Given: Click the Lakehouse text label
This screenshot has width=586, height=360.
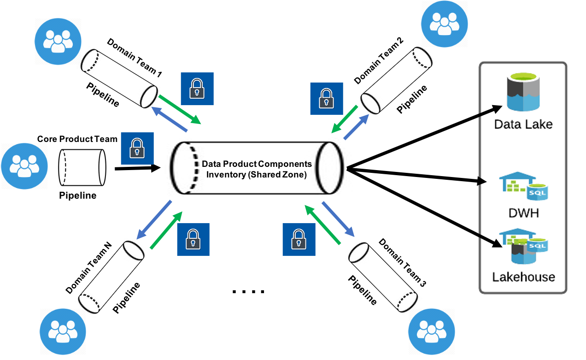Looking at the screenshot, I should [524, 277].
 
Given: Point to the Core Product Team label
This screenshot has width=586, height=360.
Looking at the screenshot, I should [77, 139].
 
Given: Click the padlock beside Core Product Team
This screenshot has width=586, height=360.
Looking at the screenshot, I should [137, 148].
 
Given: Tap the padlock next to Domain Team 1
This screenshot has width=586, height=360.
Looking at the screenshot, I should [197, 89].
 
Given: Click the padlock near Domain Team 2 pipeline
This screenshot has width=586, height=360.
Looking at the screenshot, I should [326, 99].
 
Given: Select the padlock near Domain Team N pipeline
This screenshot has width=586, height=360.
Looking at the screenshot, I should [193, 239].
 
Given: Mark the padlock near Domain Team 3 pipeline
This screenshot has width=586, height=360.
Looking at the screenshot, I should [299, 239].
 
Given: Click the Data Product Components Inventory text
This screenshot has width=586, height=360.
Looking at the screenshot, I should [257, 169].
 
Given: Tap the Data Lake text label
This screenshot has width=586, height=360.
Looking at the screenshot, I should [523, 124].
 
